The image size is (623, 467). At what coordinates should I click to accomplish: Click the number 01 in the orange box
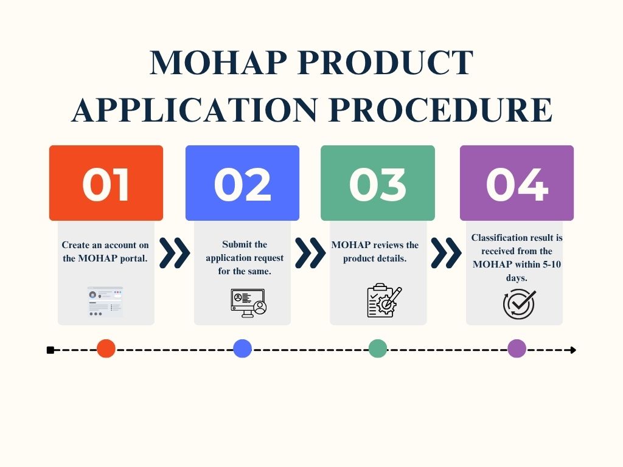coord(106,184)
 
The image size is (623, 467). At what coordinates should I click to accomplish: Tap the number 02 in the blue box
coord(242,184)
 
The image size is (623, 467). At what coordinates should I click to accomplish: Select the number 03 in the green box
coord(377,184)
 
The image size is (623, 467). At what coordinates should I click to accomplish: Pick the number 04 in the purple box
coord(517,184)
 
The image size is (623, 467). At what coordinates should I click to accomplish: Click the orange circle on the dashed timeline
coord(106,348)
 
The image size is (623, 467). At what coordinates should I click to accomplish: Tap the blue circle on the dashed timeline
coord(242,348)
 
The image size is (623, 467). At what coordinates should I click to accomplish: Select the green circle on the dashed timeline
coord(378,348)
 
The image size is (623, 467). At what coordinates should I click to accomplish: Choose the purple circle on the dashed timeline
coord(517,348)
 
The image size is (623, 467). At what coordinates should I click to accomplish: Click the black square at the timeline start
coord(50,350)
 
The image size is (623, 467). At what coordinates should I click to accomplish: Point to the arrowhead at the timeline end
coord(573,350)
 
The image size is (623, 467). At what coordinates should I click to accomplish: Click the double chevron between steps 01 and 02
coord(175,253)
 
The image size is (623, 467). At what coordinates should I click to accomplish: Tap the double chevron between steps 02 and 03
coord(310,253)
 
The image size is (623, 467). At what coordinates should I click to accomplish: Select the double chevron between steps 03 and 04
coord(446,253)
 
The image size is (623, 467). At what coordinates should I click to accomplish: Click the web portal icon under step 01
coord(105,301)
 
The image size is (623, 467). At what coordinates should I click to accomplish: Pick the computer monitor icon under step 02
coord(249,303)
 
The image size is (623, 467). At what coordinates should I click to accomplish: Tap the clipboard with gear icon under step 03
coord(385,300)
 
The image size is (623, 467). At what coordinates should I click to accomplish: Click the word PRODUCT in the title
coord(385,63)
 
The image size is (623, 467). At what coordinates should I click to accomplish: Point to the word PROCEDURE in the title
coord(440,109)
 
